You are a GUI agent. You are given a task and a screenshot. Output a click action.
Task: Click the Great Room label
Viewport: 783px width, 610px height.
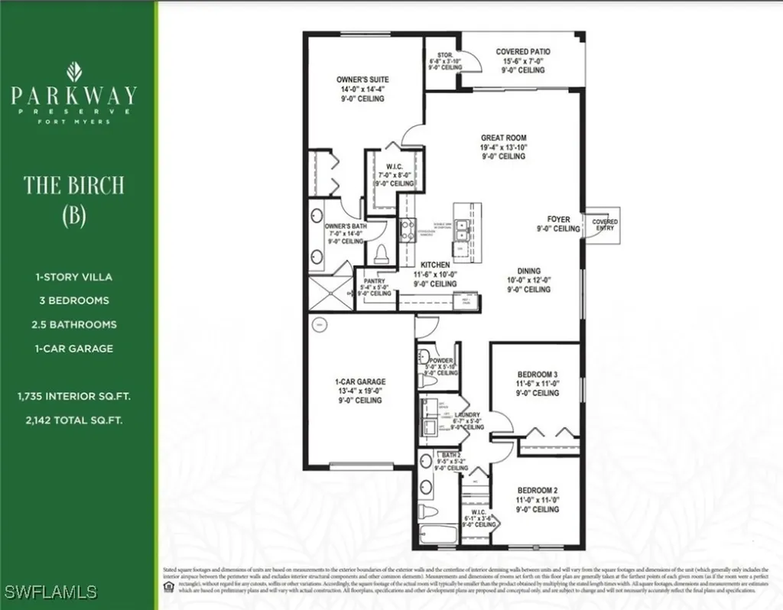pyautogui.click(x=503, y=138)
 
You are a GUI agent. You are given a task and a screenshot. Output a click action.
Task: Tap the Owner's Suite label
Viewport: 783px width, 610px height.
pyautogui.click(x=362, y=79)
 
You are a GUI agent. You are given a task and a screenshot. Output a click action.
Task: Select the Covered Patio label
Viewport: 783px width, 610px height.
pyautogui.click(x=523, y=52)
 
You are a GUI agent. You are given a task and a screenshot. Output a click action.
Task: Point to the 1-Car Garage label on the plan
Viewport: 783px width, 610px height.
pyautogui.click(x=361, y=381)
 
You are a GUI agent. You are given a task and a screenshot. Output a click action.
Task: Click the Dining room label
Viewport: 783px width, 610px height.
pyautogui.click(x=528, y=271)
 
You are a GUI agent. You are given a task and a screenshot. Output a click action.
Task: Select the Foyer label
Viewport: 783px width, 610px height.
pyautogui.click(x=558, y=219)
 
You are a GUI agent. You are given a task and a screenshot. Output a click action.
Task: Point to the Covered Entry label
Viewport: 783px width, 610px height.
pyautogui.click(x=605, y=226)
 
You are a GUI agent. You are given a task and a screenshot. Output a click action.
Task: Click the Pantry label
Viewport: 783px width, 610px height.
pyautogui.click(x=375, y=281)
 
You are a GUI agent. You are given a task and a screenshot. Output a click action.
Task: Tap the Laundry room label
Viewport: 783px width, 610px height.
pyautogui.click(x=466, y=414)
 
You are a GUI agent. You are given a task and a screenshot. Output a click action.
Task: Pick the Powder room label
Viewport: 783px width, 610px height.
pyautogui.click(x=442, y=360)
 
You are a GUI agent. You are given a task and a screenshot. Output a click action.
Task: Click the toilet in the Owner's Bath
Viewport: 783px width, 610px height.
pyautogui.click(x=380, y=254)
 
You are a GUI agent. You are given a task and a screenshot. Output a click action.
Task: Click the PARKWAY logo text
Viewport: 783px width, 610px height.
pyautogui.click(x=74, y=96)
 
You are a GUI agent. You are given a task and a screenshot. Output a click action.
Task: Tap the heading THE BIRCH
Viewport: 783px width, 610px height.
pyautogui.click(x=73, y=185)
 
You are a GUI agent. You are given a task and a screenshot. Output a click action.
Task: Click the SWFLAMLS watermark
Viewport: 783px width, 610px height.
pyautogui.click(x=50, y=592)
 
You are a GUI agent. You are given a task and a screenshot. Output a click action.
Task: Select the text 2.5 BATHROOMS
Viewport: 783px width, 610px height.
pyautogui.click(x=74, y=325)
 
